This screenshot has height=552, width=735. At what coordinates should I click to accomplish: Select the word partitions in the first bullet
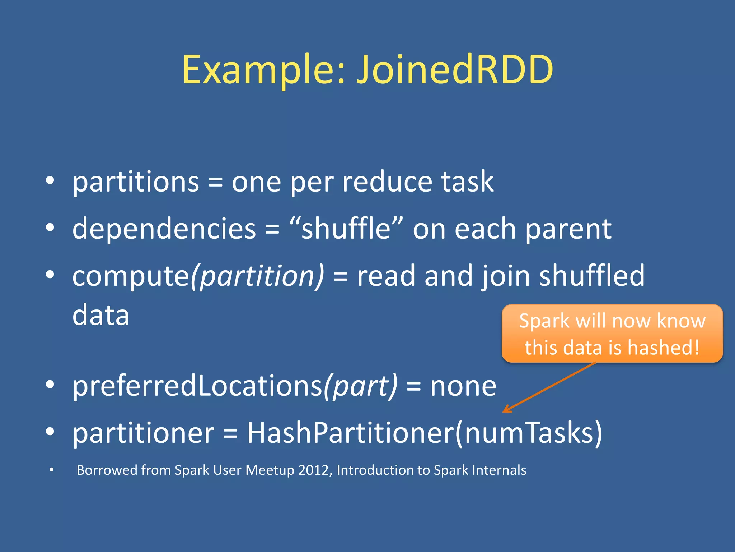[136, 182]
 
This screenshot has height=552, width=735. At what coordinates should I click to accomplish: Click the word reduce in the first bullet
[387, 182]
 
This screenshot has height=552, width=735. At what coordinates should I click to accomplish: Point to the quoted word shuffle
[346, 229]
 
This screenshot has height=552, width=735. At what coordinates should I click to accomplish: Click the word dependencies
[164, 229]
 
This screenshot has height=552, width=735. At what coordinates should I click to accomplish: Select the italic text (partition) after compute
[257, 276]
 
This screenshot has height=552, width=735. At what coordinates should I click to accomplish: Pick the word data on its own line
[100, 315]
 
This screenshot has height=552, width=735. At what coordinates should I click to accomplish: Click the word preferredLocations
[197, 386]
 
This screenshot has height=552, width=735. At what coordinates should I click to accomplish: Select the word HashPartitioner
[350, 433]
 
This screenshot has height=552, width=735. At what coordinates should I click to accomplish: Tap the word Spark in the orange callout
[544, 321]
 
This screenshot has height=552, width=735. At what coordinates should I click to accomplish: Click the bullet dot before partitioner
[50, 431]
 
